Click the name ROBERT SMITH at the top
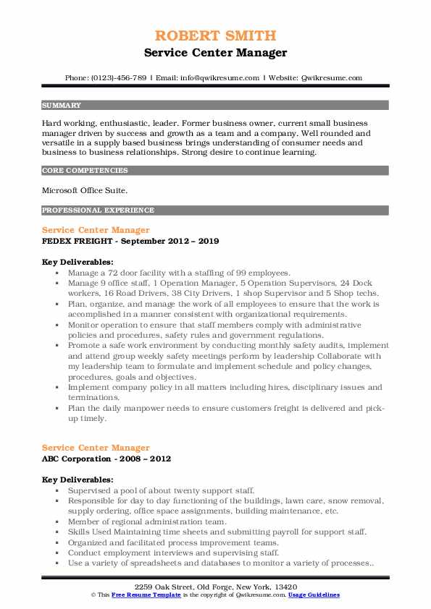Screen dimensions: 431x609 [x=215, y=36]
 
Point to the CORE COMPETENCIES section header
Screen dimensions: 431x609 [x=85, y=171]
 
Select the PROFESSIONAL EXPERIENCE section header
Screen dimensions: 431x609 [x=98, y=210]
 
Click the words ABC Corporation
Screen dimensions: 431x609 [x=77, y=459]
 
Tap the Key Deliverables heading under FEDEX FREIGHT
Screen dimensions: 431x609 [x=78, y=261]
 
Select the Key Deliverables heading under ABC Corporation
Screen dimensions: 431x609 [x=78, y=480]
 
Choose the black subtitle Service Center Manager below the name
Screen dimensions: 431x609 [x=215, y=53]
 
